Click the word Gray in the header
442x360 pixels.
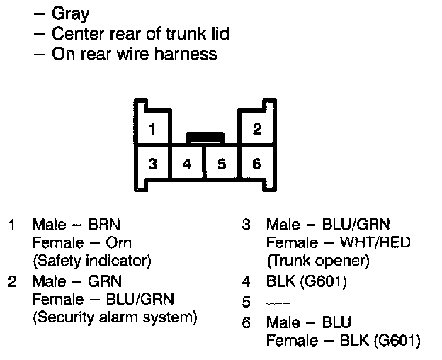click(71, 14)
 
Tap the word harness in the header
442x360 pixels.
click(186, 54)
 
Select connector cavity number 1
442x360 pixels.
click(152, 129)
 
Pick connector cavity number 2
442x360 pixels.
click(256, 129)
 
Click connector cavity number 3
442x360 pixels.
click(152, 164)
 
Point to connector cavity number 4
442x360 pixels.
click(187, 164)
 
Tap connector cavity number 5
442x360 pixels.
click(222, 164)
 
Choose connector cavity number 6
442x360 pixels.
click(256, 164)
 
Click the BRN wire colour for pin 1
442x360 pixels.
click(104, 225)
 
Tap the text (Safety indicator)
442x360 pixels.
click(92, 261)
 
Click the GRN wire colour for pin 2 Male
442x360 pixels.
click(105, 281)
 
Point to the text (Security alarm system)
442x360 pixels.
click(115, 316)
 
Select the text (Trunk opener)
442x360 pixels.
click(318, 261)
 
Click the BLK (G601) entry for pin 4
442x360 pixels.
click(307, 281)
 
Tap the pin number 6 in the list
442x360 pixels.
click(246, 323)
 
